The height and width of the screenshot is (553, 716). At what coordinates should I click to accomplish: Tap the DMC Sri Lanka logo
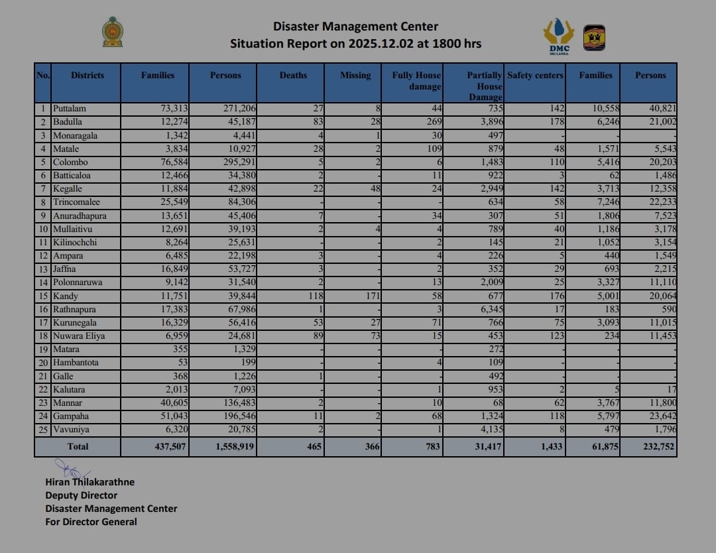click(x=558, y=36)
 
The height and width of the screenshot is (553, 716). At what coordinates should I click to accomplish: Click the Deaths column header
click(x=293, y=76)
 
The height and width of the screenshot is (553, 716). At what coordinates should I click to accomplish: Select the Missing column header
click(x=355, y=76)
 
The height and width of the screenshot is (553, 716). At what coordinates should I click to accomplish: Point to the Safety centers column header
click(x=535, y=76)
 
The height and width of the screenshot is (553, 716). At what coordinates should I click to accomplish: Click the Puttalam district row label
click(x=70, y=109)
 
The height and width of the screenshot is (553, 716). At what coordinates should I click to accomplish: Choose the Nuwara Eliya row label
click(x=76, y=336)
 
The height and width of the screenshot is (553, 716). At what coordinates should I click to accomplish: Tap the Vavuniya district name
click(x=71, y=430)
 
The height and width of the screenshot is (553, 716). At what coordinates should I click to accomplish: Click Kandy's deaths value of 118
click(x=314, y=296)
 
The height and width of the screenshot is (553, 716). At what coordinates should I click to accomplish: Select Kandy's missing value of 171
click(x=371, y=296)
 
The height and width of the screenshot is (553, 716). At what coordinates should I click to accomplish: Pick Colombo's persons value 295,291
click(x=236, y=162)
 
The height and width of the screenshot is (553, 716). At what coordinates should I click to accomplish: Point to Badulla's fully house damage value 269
click(x=432, y=122)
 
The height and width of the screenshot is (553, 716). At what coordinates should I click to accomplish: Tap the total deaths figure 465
click(x=312, y=447)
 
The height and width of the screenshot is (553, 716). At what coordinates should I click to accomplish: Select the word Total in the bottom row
click(x=78, y=447)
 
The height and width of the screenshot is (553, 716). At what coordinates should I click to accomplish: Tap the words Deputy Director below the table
click(x=81, y=495)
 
